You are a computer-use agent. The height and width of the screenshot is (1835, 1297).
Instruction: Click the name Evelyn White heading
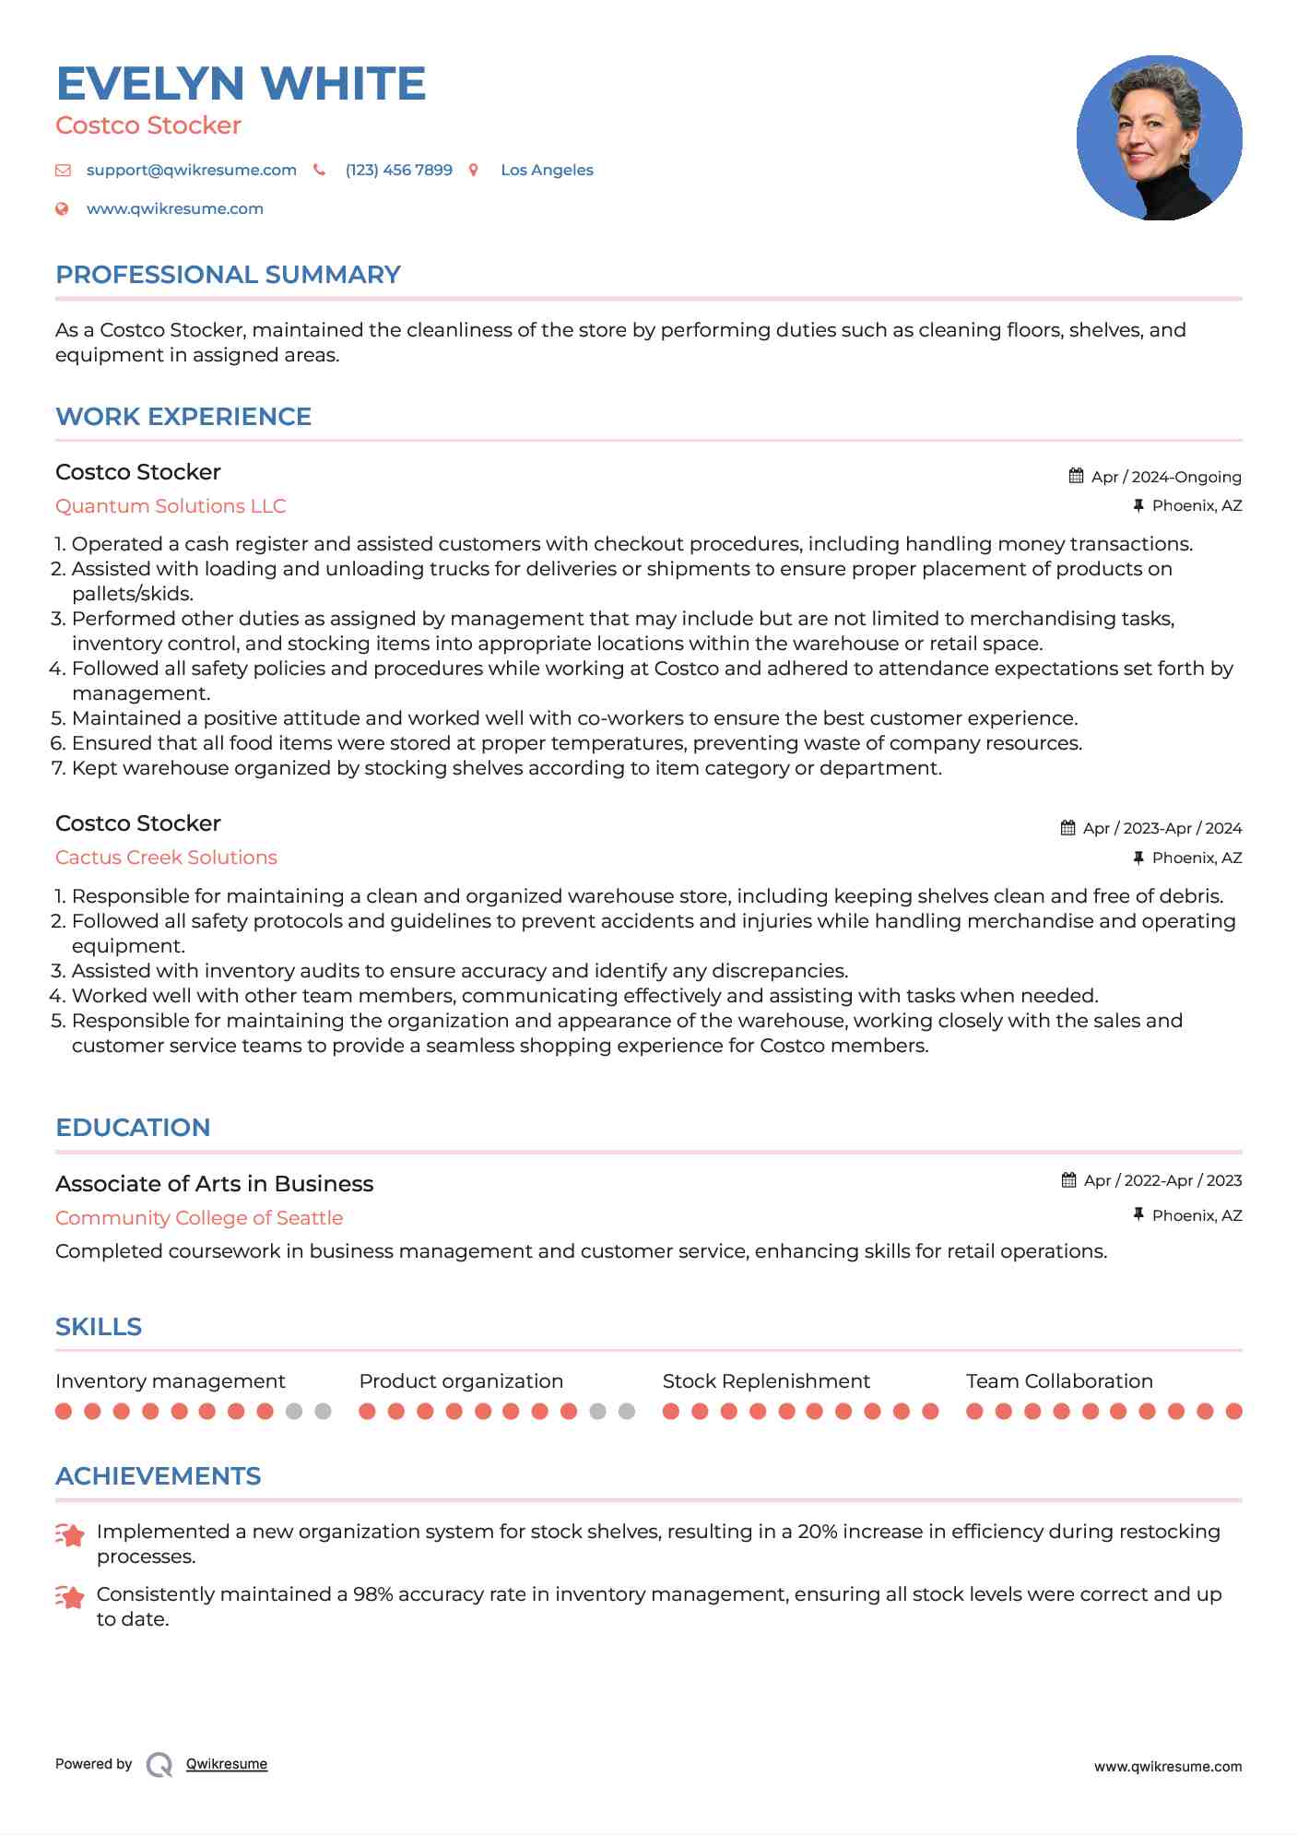(241, 84)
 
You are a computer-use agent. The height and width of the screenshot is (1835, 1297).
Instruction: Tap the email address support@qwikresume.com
(191, 170)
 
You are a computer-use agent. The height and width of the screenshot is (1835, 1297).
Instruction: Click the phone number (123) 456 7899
(398, 170)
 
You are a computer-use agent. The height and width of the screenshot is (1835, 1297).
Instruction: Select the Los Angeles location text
(547, 170)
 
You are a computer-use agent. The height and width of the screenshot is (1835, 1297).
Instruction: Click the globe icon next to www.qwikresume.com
(62, 208)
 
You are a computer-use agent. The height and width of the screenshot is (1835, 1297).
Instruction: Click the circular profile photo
(1159, 138)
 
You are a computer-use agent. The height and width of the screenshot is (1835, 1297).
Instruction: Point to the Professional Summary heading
(228, 275)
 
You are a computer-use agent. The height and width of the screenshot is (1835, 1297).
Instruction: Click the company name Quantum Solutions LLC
(171, 506)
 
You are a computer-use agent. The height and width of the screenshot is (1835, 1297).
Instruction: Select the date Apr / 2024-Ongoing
(1165, 477)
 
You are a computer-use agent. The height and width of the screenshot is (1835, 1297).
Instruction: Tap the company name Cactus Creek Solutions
(166, 858)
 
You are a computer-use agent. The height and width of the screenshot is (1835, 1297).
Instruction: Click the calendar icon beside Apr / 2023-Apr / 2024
(1067, 828)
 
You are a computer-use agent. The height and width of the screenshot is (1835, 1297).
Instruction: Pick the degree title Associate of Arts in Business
(214, 1184)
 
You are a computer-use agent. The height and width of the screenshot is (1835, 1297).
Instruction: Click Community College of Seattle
(199, 1218)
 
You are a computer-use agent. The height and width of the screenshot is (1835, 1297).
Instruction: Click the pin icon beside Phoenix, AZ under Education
(1138, 1215)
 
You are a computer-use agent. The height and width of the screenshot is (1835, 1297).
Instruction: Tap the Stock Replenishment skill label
(766, 1381)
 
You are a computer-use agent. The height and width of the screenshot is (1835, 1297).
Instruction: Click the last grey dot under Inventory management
(323, 1411)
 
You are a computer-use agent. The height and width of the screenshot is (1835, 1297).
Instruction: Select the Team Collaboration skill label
(1059, 1381)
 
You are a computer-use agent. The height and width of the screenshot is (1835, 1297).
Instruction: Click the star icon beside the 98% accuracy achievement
(70, 1596)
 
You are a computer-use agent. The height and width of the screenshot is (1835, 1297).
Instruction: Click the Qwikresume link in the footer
(227, 1764)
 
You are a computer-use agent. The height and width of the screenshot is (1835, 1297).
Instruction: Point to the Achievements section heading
(158, 1476)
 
